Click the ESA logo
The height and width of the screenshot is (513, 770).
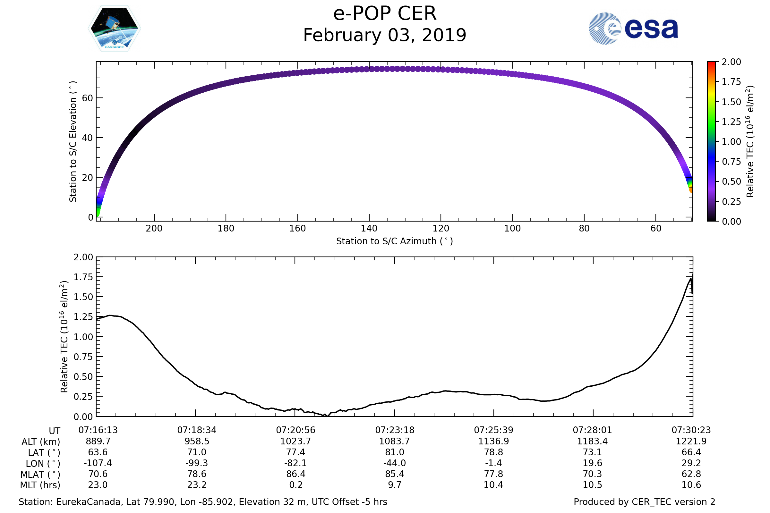point(633,29)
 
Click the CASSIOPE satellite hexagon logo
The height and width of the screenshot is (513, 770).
point(115,29)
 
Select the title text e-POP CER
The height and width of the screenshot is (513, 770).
point(385,14)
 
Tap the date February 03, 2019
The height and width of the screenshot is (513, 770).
point(385,35)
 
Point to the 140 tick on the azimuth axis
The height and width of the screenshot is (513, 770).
point(369,228)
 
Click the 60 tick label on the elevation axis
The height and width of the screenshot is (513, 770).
point(87,98)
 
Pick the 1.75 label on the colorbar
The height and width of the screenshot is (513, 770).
point(732,82)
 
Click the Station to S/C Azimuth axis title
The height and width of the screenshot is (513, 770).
point(395,241)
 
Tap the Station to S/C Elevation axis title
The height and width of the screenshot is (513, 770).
point(73,141)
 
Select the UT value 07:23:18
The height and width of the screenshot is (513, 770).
point(395,430)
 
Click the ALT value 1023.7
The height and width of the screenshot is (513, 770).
point(295,442)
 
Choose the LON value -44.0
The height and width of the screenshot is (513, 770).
point(395,463)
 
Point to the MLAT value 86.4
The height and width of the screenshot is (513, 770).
point(295,474)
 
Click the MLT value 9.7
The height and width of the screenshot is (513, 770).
point(395,485)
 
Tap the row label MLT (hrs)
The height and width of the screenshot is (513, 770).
point(40,485)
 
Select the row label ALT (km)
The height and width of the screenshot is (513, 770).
point(41,442)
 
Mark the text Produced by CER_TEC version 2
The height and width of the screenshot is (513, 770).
point(644,502)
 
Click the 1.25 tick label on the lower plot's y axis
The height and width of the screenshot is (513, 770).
point(83,317)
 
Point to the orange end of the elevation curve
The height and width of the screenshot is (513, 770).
point(691,190)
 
